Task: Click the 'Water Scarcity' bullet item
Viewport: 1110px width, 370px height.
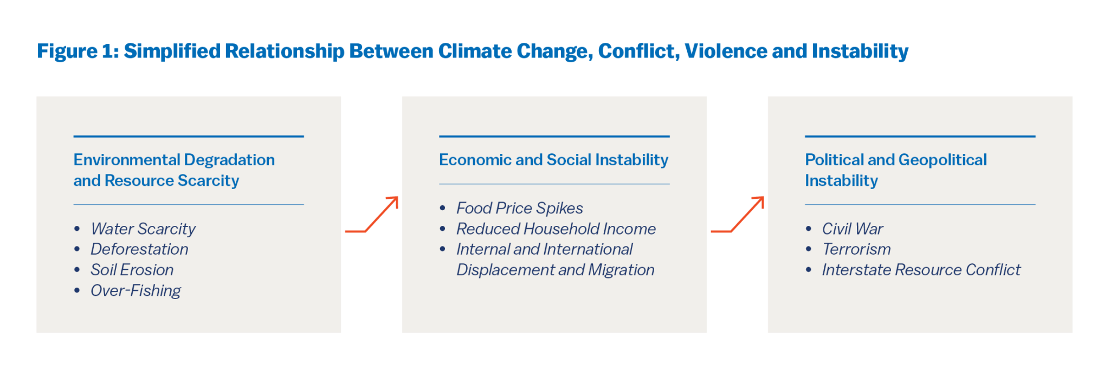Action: (x=143, y=229)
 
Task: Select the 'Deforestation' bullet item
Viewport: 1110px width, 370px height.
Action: (x=139, y=249)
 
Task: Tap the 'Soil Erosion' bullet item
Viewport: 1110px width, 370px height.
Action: (x=132, y=270)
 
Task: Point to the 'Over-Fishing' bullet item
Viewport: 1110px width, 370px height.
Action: (x=135, y=290)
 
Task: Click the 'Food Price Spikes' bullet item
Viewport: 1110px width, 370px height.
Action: (x=519, y=208)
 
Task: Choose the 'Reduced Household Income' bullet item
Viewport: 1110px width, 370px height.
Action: (x=556, y=229)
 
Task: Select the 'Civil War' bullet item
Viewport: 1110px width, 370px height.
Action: (x=852, y=229)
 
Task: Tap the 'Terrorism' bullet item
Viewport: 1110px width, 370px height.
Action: (x=856, y=249)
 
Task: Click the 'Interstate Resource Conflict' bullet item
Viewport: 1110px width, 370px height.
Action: (x=921, y=270)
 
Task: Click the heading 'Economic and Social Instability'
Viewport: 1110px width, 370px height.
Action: (x=553, y=160)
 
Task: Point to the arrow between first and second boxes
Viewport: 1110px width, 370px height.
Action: (x=372, y=215)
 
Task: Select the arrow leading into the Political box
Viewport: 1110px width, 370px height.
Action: (x=738, y=215)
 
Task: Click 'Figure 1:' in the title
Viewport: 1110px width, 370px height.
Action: (x=78, y=51)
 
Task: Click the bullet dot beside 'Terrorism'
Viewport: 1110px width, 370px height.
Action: (x=809, y=249)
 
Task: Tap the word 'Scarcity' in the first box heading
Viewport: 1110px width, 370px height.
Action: (x=208, y=180)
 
